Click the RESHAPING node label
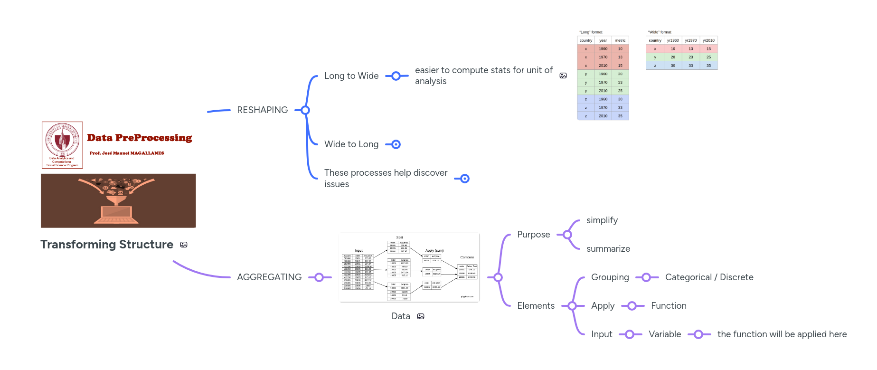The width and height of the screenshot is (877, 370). click(262, 110)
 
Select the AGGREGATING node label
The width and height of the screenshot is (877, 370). click(269, 277)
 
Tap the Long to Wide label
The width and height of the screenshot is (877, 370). click(351, 76)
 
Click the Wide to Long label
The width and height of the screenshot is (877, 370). click(351, 144)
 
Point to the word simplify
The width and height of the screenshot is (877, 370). click(602, 220)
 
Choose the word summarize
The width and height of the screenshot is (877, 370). click(608, 249)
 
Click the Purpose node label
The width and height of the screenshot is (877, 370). click(533, 235)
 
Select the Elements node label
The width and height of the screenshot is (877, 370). click(536, 306)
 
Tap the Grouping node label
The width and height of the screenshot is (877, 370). click(610, 277)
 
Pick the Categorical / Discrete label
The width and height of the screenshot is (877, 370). click(709, 277)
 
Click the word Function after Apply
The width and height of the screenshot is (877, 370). click(669, 306)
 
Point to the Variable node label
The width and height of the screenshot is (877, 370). click(665, 334)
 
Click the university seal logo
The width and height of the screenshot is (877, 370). click(62, 141)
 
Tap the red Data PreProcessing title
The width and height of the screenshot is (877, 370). click(140, 138)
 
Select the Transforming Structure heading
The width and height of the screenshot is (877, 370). click(107, 245)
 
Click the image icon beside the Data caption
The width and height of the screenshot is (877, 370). click(421, 317)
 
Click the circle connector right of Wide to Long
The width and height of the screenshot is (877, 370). click(396, 144)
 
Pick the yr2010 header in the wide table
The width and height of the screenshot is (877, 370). click(708, 40)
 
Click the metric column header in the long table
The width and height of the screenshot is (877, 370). click(620, 40)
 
